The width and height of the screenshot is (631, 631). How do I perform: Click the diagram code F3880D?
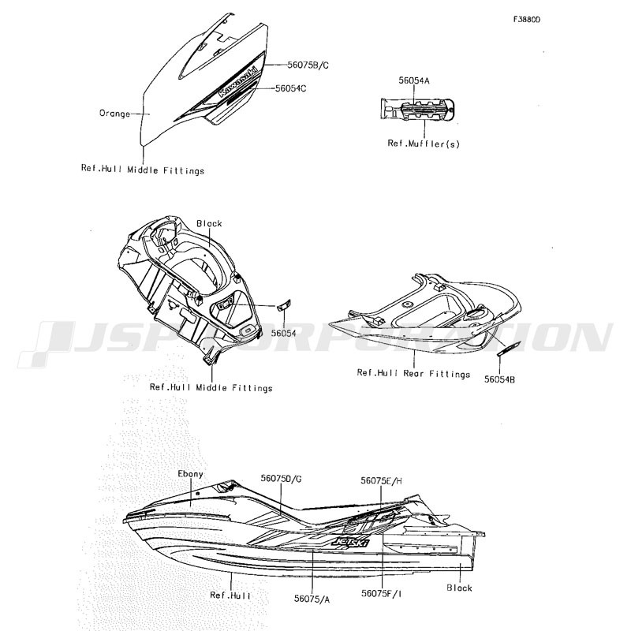tap(527, 20)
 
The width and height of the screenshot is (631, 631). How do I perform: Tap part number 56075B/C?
tap(308, 65)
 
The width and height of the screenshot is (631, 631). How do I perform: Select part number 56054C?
tap(290, 88)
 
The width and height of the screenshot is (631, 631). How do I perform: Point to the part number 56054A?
tap(414, 80)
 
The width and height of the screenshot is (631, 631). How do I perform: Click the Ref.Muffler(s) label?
tap(424, 144)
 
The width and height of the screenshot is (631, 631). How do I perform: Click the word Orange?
tap(114, 114)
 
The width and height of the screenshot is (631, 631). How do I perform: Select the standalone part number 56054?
tap(283, 333)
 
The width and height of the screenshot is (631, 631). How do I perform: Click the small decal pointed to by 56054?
tap(284, 305)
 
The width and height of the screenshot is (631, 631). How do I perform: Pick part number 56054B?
tap(499, 379)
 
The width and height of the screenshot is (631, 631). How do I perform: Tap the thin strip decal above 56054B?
tap(509, 348)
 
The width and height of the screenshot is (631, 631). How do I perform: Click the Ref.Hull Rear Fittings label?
tap(413, 373)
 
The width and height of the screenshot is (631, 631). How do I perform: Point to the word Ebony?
tap(190, 474)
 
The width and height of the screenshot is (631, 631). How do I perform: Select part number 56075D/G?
tap(281, 479)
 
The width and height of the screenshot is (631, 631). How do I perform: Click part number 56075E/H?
tap(381, 480)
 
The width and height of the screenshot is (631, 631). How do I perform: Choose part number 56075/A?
tap(312, 599)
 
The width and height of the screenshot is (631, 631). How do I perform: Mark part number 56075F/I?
tap(381, 593)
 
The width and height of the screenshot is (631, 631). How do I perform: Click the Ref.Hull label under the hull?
tap(230, 596)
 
